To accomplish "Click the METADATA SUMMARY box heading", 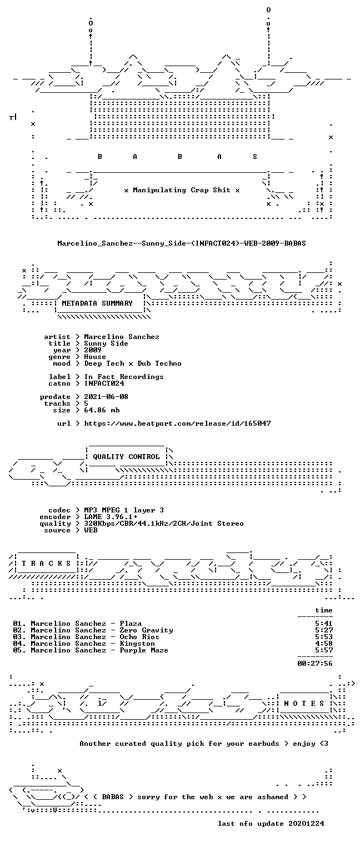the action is pos(97,303).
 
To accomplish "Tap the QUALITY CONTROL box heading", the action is pos(126,457).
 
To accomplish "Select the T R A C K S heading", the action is pos(46,564).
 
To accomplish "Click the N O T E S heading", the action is pos(304,703).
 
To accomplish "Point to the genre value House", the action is pos(95,357).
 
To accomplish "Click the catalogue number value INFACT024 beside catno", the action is pos(104,383).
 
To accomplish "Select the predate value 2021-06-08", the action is pos(106,397).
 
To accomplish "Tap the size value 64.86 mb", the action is pos(102,410).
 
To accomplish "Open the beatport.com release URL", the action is pos(177,423).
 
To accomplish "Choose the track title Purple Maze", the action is pos(144,650).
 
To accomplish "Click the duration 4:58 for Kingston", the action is pos(324,644).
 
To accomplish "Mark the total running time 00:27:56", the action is pos(315,664).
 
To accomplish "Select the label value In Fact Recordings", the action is pos(124,377).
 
